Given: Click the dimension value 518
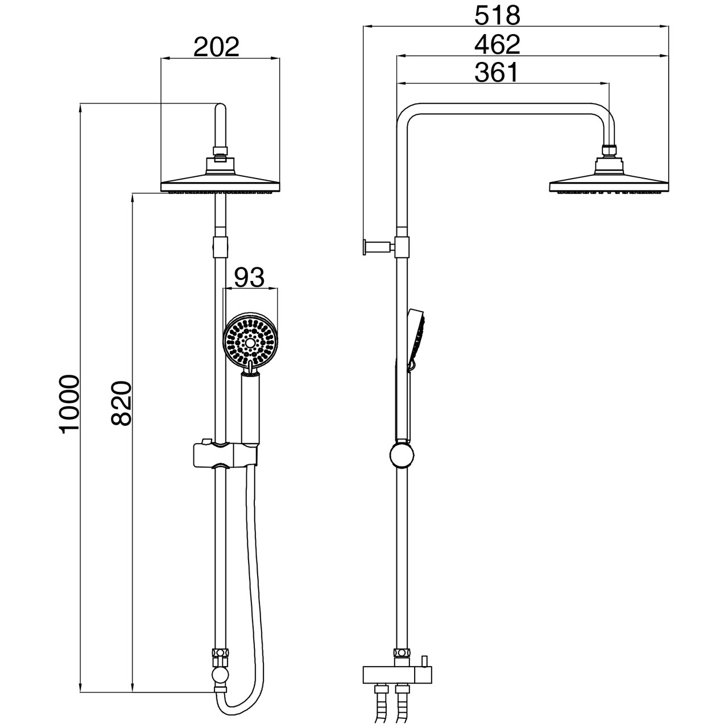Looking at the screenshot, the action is click(x=497, y=15).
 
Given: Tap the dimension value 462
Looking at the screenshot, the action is click(x=497, y=44).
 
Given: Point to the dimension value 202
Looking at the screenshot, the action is click(x=217, y=47).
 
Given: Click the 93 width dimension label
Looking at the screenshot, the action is click(x=249, y=278).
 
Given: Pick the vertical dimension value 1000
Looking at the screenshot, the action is click(x=69, y=404).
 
